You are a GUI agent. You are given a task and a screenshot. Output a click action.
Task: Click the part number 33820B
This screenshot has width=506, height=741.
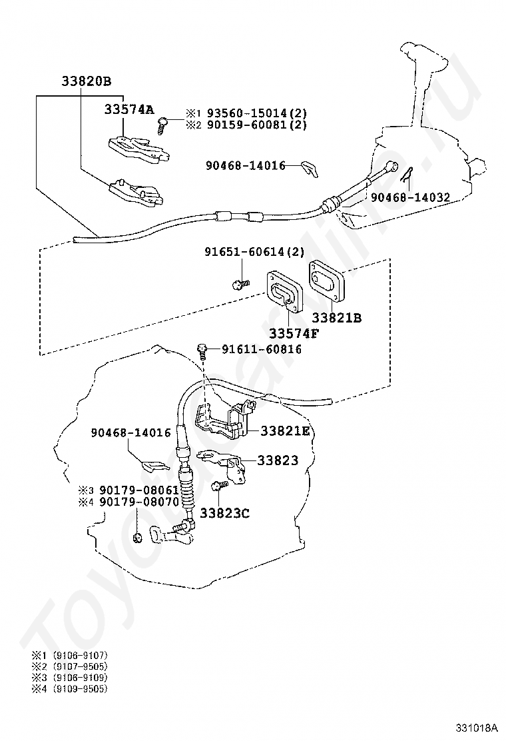tap(86, 81)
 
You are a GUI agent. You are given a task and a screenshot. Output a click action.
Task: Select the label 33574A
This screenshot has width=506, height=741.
tap(128, 110)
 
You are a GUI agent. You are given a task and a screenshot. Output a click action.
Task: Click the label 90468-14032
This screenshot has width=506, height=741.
tap(410, 197)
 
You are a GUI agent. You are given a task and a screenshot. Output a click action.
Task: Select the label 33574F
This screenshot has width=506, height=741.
tap(294, 333)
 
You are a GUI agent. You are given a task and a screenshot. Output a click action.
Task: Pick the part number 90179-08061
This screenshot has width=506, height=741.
tap(139, 490)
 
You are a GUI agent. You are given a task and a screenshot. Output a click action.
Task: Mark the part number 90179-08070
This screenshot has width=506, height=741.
tap(139, 502)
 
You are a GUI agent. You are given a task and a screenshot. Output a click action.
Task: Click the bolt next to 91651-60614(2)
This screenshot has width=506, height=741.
tap(239, 285)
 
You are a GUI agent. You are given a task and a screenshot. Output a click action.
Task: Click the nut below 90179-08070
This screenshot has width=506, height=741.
tap(136, 537)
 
